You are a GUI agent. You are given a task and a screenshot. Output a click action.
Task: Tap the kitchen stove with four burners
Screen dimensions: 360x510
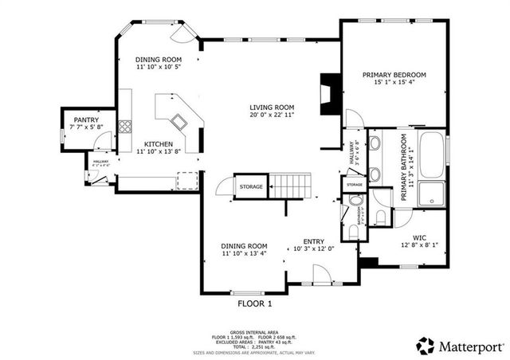tap(124, 126)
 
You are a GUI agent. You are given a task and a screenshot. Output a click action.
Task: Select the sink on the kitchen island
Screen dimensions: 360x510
tap(178, 121)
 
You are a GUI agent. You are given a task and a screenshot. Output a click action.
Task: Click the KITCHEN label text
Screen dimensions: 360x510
tap(159, 144)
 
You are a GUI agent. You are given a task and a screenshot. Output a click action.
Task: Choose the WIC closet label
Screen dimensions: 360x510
tap(418, 237)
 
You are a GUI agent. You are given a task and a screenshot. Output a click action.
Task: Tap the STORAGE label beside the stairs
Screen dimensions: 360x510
tap(252, 186)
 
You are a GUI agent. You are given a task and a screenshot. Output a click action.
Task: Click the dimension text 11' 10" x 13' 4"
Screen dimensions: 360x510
tap(245, 254)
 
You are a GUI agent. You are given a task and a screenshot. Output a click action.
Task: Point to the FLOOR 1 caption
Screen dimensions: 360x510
tap(255, 303)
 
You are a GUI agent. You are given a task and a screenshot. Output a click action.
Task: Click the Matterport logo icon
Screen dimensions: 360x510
tap(426, 346)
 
